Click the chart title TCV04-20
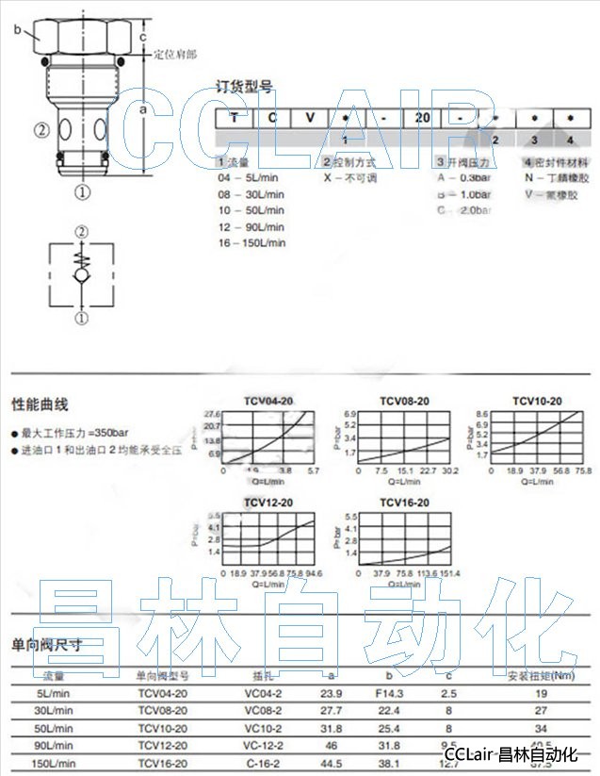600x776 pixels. [x=268, y=401]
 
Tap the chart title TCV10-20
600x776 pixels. [x=537, y=401]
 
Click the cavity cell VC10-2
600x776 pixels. [x=264, y=728]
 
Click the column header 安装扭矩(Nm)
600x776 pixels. [x=541, y=675]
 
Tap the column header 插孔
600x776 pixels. [x=263, y=675]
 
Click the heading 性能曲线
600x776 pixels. [x=40, y=405]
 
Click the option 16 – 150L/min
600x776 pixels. [x=251, y=242]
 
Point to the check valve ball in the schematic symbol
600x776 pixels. [x=82, y=275]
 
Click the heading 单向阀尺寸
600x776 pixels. [x=46, y=646]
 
